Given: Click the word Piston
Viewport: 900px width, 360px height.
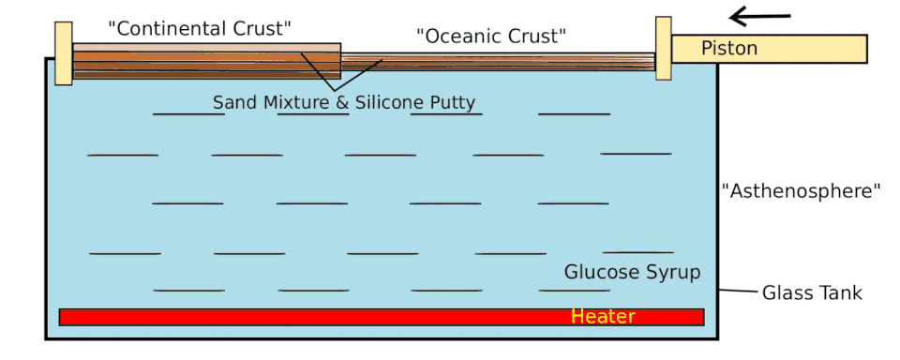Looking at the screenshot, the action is point(729,48).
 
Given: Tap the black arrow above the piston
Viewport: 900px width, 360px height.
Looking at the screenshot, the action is point(760,18).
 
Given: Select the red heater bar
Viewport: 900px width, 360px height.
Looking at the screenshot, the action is point(382,317).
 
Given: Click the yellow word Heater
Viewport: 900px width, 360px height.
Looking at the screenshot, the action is point(603,316).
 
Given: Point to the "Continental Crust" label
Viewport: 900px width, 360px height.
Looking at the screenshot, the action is point(200,28).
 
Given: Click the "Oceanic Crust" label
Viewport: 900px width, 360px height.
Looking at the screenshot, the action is point(491,37).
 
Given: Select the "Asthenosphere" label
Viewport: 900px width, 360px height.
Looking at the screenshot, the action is point(802,191).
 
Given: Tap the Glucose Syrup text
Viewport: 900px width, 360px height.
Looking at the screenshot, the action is point(633,272).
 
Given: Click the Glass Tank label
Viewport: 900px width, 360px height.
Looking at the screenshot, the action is point(812,292).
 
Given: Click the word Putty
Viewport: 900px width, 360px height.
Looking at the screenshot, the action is point(453,103).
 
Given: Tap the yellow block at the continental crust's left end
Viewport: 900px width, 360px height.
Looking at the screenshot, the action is point(64,53).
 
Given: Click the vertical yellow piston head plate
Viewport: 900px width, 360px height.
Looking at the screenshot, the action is point(664,48).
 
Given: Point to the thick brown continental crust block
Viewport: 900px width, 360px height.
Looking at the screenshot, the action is point(206,61).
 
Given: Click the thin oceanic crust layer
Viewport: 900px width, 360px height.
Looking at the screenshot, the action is point(498,62).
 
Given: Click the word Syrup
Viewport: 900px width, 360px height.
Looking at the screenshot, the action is point(673,272).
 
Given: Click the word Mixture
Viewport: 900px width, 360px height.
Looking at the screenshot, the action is point(296,102).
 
